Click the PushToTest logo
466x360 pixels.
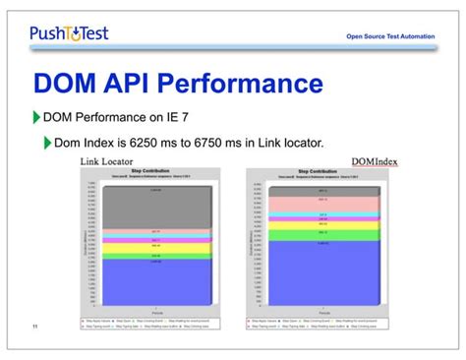click(69, 33)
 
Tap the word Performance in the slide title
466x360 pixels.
click(237, 82)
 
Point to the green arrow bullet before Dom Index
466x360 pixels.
click(47, 144)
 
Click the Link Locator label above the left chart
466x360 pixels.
click(107, 160)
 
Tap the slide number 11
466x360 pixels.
click(34, 328)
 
